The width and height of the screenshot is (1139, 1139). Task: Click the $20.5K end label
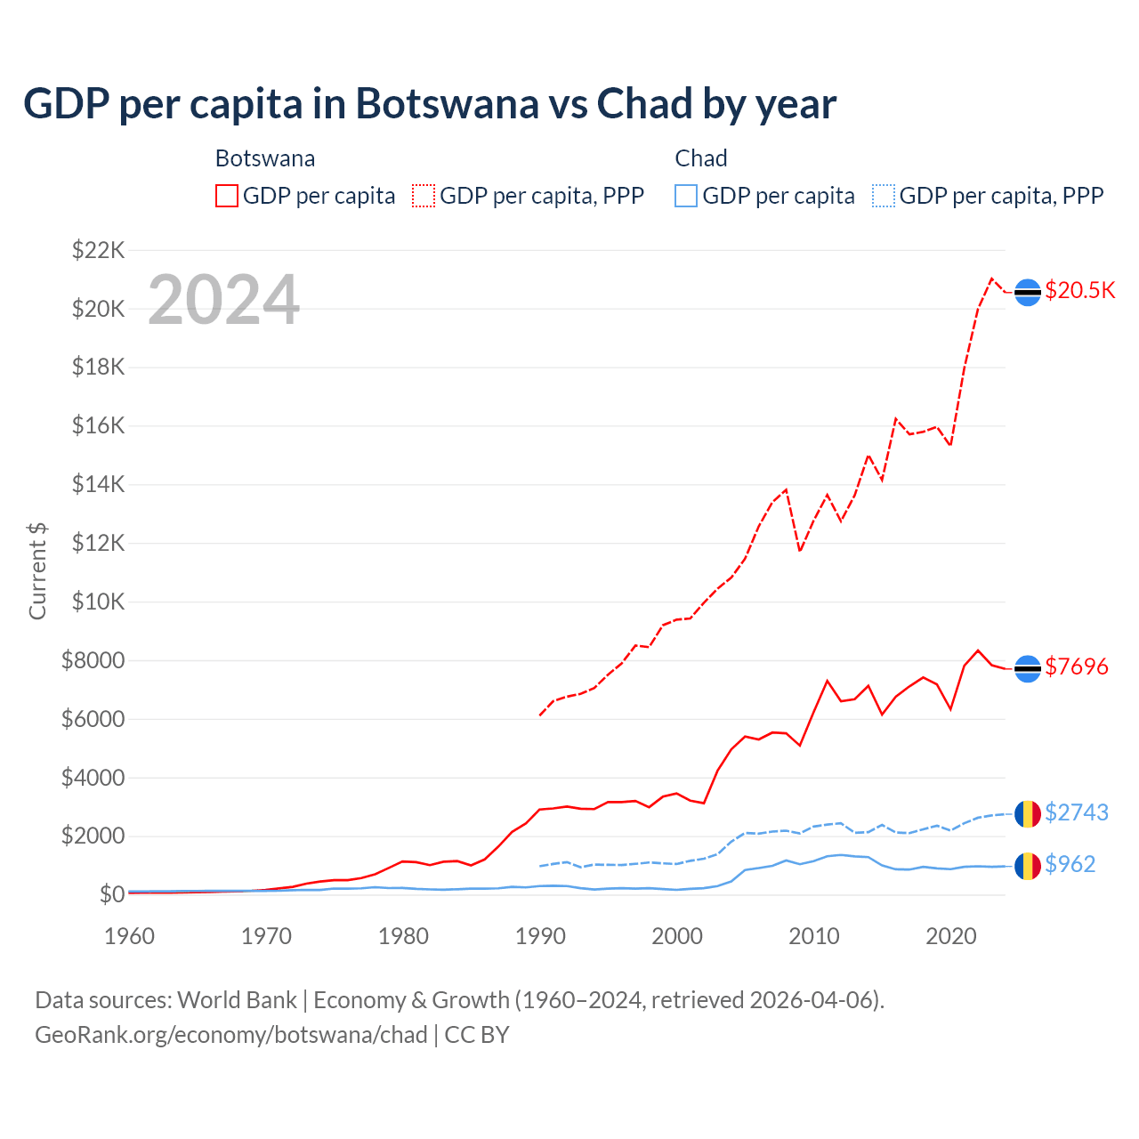click(1079, 291)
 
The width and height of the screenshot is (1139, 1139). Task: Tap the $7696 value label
click(1076, 666)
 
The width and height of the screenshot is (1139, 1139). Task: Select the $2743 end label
click(1076, 812)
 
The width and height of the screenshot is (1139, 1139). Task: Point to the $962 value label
click(1070, 864)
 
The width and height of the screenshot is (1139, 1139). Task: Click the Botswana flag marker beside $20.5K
click(1028, 292)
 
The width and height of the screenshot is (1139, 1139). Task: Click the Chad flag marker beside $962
click(1028, 865)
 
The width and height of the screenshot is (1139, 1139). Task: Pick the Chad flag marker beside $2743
click(1028, 813)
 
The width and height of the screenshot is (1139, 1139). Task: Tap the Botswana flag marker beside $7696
click(1028, 668)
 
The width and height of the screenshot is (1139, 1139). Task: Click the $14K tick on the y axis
click(98, 485)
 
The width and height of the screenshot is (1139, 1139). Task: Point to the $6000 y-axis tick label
click(93, 719)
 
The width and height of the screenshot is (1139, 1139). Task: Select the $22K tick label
click(98, 250)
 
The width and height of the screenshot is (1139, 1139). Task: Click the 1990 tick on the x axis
click(540, 936)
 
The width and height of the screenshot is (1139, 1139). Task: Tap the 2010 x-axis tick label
click(814, 936)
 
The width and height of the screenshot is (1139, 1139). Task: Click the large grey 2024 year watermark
click(223, 300)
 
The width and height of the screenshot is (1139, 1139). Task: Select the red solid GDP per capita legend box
click(227, 196)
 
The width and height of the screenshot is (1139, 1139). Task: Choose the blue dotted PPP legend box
click(884, 196)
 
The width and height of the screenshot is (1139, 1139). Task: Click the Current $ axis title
click(37, 570)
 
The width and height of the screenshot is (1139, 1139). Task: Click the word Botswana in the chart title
click(447, 104)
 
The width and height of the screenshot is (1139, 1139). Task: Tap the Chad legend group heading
click(701, 158)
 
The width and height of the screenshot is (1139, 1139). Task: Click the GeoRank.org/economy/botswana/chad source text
click(231, 1035)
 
